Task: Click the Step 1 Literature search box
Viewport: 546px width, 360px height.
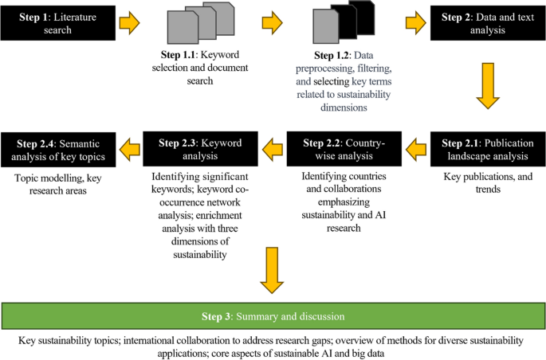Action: [x=59, y=24]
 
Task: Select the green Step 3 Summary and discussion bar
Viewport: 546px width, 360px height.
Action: [x=273, y=317]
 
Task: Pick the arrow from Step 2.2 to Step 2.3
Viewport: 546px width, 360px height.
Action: [x=273, y=147]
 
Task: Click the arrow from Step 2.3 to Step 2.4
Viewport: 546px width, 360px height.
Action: [x=128, y=147]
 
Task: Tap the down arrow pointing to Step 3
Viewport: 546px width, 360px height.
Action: [x=273, y=266]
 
